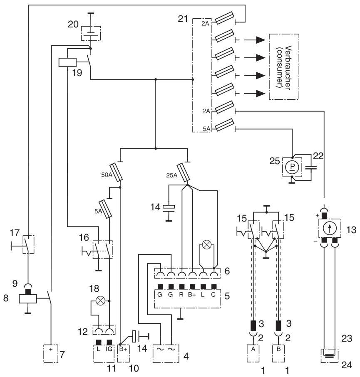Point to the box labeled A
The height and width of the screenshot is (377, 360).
(x=253, y=349)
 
